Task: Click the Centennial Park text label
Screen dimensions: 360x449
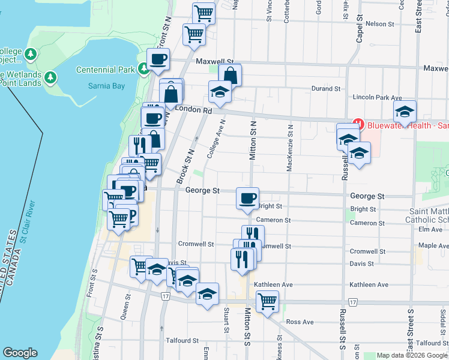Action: tap(105, 70)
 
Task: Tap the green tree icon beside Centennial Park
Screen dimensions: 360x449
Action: tap(144, 70)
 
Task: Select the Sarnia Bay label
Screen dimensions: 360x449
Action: tap(109, 86)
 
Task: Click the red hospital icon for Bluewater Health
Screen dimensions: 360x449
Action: tap(358, 125)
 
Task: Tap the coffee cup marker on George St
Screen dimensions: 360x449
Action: tap(247, 199)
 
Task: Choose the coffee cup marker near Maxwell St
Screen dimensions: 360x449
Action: tap(158, 59)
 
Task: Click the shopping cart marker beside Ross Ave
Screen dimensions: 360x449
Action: tap(267, 301)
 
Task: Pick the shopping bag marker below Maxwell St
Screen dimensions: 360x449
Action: tap(229, 76)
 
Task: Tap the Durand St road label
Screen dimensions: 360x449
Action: tap(326, 89)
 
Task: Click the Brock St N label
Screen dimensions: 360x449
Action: tap(185, 167)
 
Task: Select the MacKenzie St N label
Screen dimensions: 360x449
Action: tap(289, 148)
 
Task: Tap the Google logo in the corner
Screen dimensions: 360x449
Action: tap(20, 353)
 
